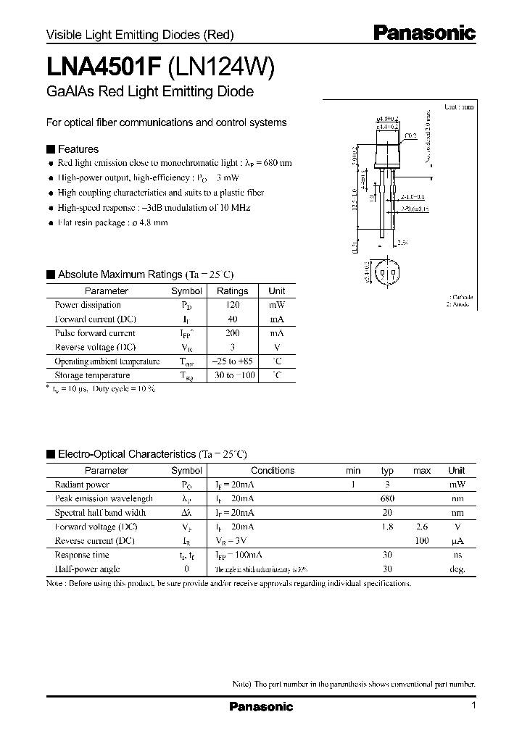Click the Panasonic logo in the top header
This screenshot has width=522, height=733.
coord(424,33)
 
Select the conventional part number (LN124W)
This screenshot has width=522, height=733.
coord(220,67)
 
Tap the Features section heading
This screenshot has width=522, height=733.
coord(78,149)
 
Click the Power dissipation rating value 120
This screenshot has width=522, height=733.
coord(232,305)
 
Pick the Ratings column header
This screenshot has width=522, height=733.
coord(232,291)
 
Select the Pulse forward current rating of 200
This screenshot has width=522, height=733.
coord(232,333)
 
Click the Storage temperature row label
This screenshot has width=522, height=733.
coord(92,375)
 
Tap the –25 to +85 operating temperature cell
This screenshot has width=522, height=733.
coord(232,361)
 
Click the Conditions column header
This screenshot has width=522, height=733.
coord(273,470)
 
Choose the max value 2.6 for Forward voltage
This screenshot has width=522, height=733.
coord(422,527)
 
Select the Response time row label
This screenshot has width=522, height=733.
coord(82,555)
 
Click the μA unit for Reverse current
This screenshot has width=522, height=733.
coord(457,540)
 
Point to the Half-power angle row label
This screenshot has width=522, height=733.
coord(87,569)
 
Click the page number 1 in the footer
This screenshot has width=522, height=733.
coord(473,705)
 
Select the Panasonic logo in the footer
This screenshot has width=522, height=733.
coord(261,707)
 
